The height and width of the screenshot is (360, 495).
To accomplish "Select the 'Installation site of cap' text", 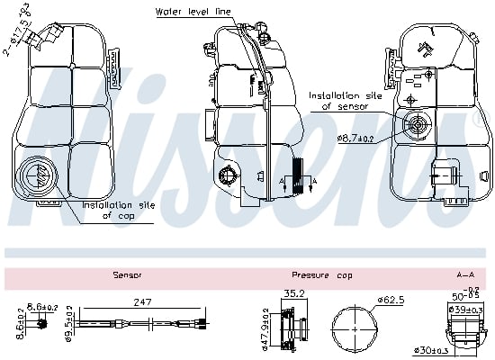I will [x=119, y=210].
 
